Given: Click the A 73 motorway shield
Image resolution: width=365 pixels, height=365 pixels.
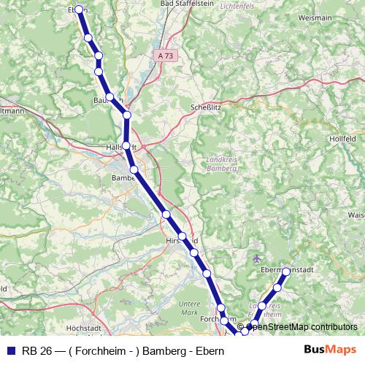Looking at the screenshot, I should (166, 55).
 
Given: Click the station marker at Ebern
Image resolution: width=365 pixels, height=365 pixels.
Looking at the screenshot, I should (79, 9).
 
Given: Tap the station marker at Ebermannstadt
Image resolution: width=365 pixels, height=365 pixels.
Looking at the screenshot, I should (286, 272).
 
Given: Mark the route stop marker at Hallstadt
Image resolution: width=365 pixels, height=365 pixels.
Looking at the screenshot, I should (126, 146).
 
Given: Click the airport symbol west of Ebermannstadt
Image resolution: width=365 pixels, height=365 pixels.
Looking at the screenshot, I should (255, 258).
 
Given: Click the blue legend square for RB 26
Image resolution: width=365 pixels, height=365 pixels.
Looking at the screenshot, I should (9, 350).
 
